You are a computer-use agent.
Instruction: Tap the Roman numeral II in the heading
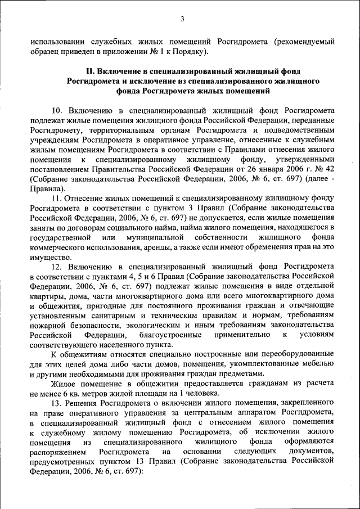point(88,71)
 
